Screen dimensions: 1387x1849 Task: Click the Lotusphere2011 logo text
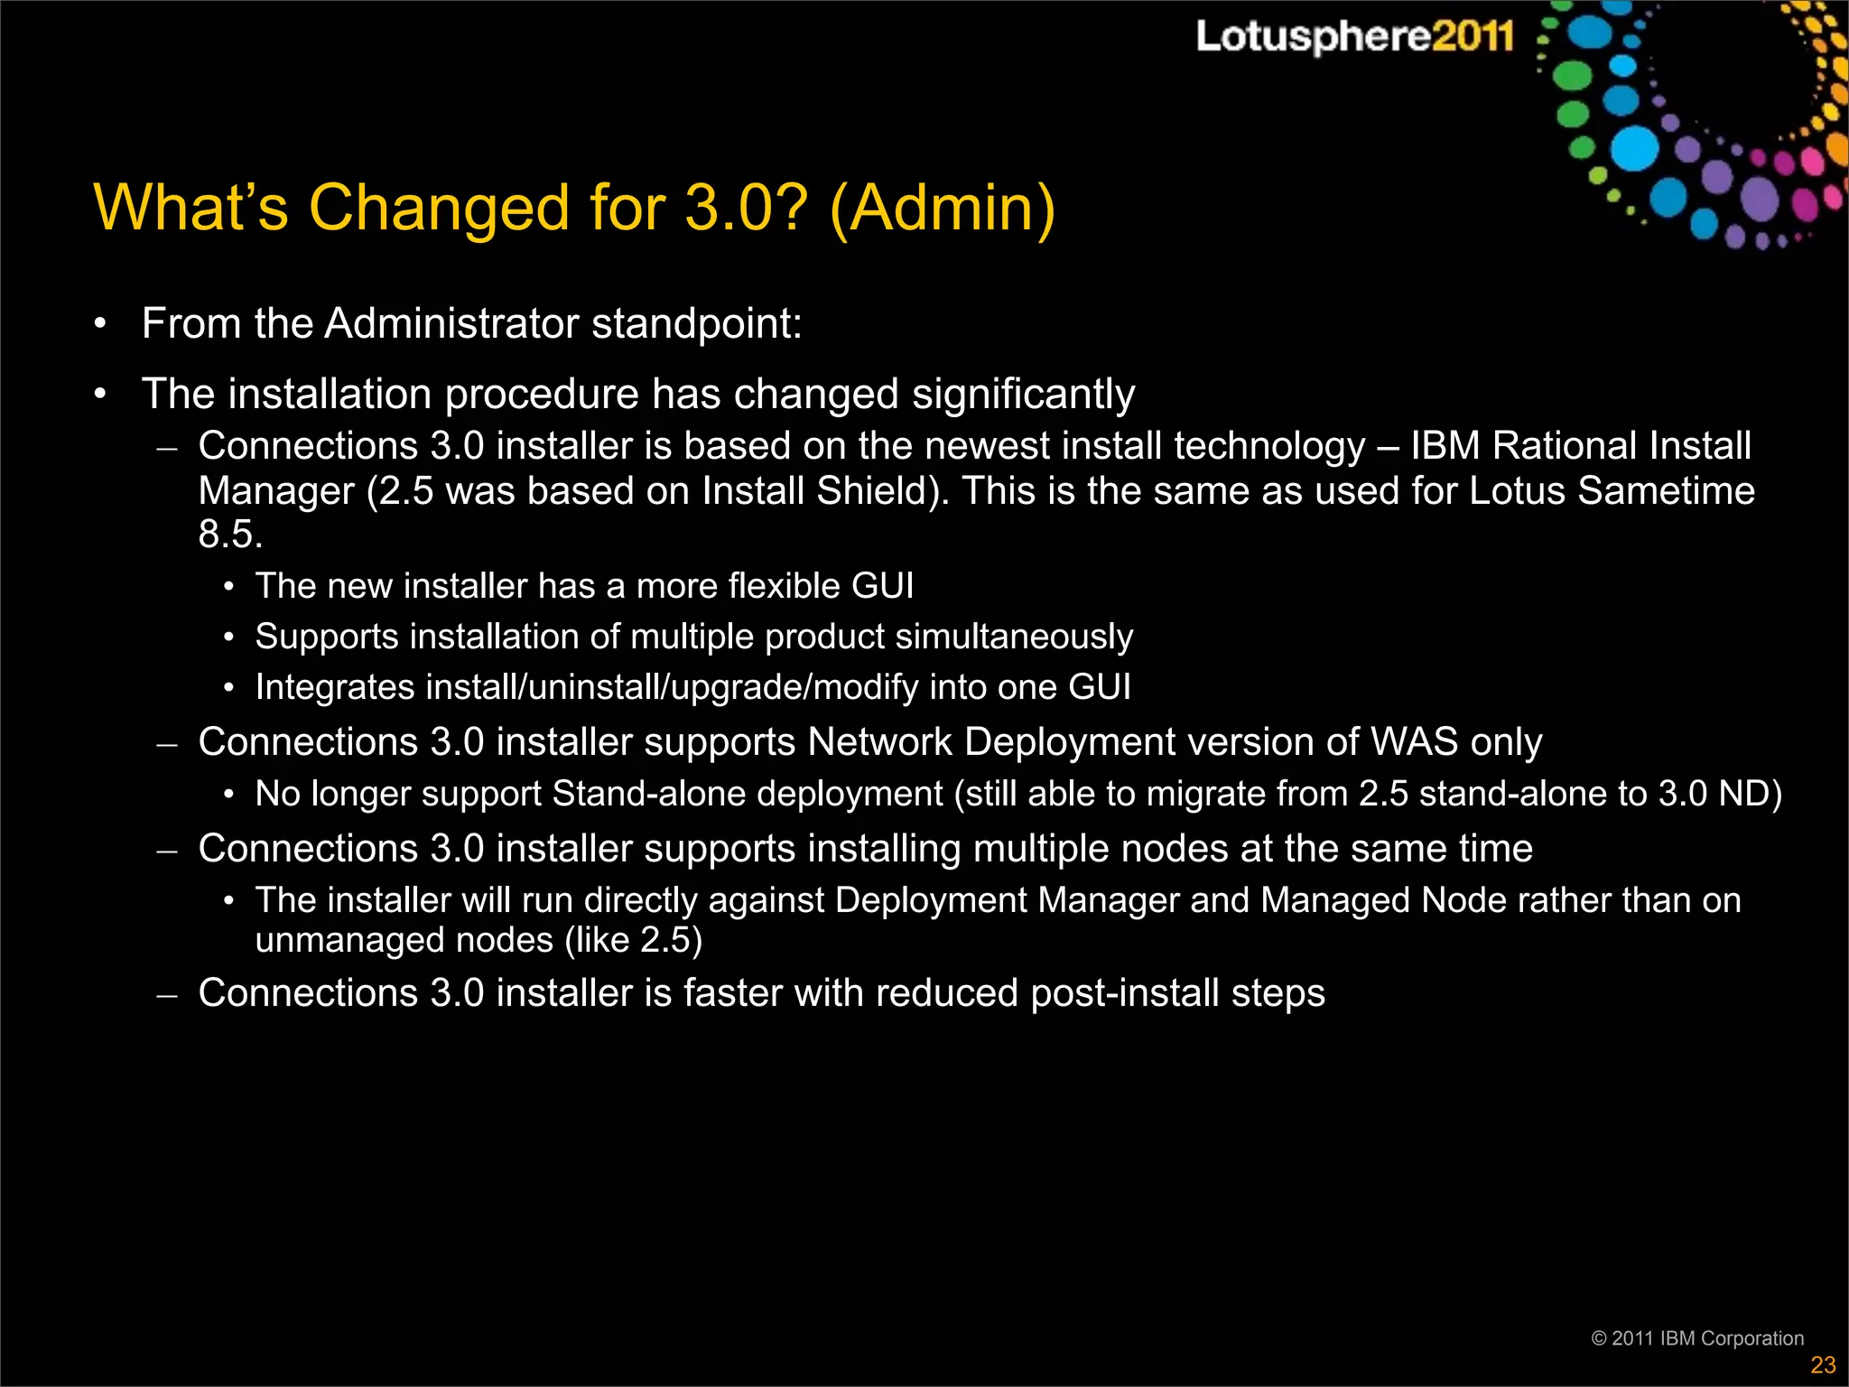click(x=1354, y=36)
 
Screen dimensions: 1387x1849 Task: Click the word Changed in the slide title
click(x=439, y=208)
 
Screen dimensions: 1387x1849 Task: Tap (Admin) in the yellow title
click(x=942, y=208)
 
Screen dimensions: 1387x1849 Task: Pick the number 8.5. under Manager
click(x=230, y=534)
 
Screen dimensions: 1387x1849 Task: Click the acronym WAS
click(x=1415, y=742)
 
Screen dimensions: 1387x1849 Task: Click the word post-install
click(x=1124, y=993)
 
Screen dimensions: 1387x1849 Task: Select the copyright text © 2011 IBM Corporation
click(x=1697, y=1338)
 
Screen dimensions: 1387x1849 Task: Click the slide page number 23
click(x=1823, y=1364)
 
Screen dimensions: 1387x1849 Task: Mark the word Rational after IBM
click(x=1565, y=446)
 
